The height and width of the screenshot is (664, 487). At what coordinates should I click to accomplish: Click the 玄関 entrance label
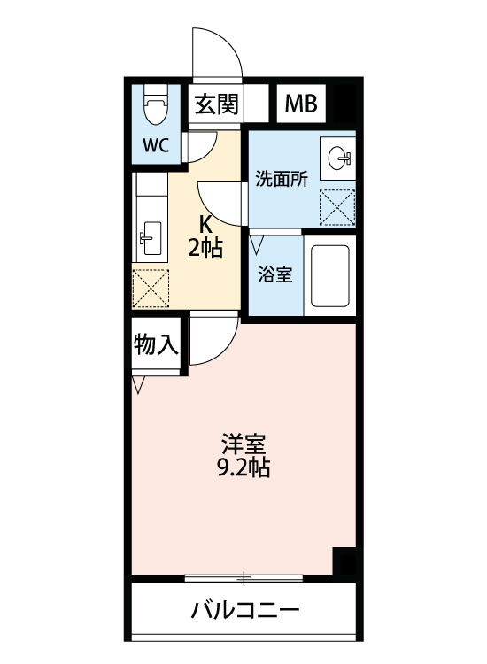[216, 104]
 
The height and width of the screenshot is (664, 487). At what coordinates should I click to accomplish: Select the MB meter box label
[300, 104]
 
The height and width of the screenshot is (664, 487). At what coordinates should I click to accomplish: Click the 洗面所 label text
[281, 178]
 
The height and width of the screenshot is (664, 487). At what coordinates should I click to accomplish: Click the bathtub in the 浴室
[329, 274]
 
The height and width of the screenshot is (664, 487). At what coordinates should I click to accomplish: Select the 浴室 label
[274, 274]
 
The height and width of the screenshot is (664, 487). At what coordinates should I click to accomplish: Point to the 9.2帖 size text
[243, 467]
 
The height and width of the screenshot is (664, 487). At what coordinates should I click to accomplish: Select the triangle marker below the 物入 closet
[138, 385]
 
